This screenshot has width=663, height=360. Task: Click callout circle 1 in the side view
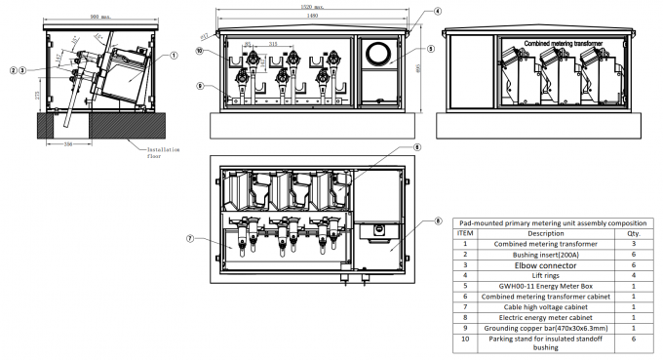coord(174,56)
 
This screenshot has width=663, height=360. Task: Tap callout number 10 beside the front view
coord(200,51)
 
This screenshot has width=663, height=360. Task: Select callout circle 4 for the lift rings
coord(409,12)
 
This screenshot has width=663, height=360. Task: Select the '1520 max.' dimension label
coord(313,6)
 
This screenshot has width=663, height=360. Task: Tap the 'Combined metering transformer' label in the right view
coord(564,44)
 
